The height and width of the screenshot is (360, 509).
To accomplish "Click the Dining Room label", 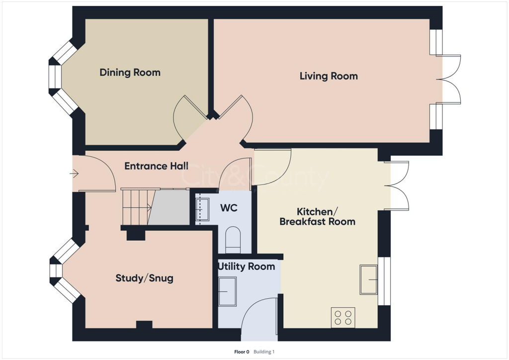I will click(x=130, y=73).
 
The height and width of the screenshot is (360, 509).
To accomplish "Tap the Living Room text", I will click(x=329, y=76).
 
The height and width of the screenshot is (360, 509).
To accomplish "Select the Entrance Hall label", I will click(x=156, y=166).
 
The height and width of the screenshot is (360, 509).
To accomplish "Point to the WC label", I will click(x=229, y=207).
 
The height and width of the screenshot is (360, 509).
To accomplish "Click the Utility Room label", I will click(x=246, y=267).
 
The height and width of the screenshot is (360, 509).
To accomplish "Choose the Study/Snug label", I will click(x=144, y=278).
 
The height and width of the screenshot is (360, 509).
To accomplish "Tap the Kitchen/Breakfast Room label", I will click(x=317, y=216).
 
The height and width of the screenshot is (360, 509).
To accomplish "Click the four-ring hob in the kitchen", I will click(x=343, y=318).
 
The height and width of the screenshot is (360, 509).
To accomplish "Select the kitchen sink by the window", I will click(x=369, y=280).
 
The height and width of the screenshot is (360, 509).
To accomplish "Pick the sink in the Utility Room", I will click(x=228, y=291).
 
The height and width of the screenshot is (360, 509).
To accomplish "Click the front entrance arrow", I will click(x=75, y=174).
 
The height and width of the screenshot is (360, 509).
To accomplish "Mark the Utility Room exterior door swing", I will click(x=258, y=316).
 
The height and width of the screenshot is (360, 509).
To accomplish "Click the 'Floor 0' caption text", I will click(x=241, y=352).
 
